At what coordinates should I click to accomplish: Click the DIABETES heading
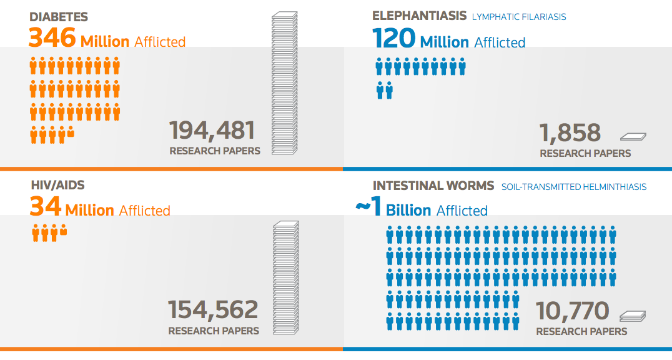tap(59, 17)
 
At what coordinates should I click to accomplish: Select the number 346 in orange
tap(52, 39)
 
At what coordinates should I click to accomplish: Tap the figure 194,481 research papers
tap(212, 131)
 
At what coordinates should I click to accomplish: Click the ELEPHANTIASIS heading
tap(419, 16)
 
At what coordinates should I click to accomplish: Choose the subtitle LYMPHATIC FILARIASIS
tap(519, 17)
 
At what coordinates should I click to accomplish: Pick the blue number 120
tap(394, 39)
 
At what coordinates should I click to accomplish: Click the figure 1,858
tap(570, 133)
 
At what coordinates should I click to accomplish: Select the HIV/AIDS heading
tap(57, 186)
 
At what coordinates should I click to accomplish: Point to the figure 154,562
tap(213, 310)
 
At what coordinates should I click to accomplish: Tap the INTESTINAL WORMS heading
tap(433, 186)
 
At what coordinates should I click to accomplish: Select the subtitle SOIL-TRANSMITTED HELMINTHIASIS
tap(574, 187)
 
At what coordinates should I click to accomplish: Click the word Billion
tap(408, 211)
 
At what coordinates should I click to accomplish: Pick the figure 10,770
tap(573, 311)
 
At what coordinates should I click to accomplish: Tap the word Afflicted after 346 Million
tap(160, 42)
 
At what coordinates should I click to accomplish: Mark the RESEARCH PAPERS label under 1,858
tap(585, 153)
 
